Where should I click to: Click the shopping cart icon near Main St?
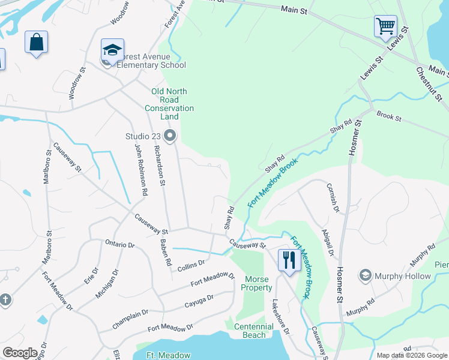[385, 26]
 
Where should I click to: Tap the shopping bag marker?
[36, 43]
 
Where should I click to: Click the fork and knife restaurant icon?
[289, 260]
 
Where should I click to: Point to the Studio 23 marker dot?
[170, 136]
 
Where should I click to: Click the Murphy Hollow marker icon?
[364, 275]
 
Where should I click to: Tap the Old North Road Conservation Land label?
[169, 100]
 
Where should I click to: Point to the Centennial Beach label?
[254, 331]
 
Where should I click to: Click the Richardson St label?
[159, 165]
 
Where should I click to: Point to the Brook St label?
[389, 116]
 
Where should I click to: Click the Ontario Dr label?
[120, 244]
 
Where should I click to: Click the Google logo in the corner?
[20, 353]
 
